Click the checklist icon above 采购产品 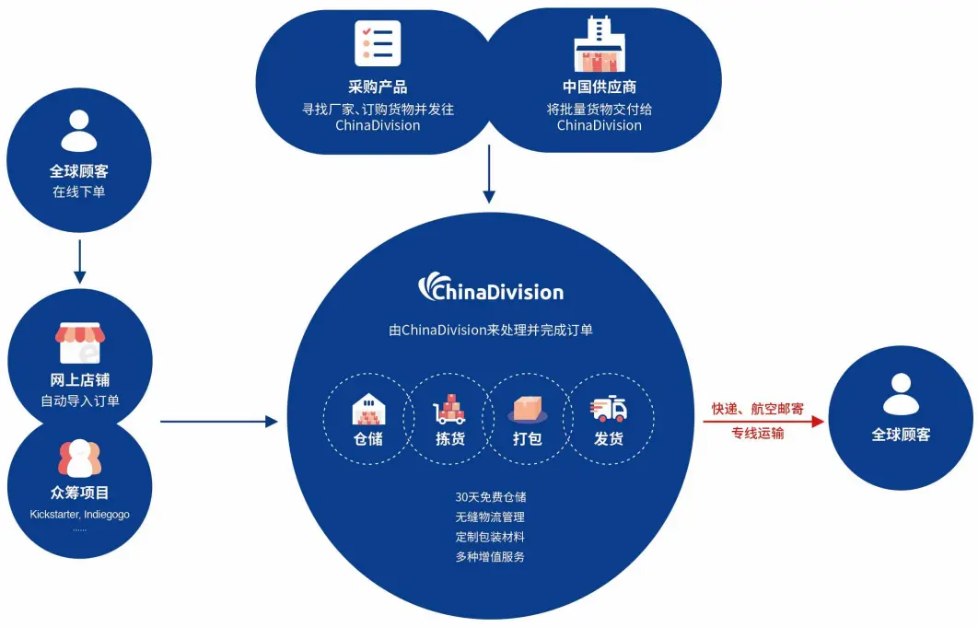click(378, 42)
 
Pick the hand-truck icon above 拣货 click(449, 409)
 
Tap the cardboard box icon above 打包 click(528, 408)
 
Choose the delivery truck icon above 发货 click(609, 408)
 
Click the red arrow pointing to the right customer click(763, 422)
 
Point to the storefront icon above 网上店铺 click(79, 343)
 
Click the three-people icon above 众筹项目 click(79, 458)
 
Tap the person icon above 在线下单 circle click(79, 130)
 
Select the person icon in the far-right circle click(902, 393)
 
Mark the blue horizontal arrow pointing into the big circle click(219, 422)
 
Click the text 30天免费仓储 click(490, 496)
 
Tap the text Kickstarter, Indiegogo click(79, 514)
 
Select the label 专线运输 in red click(758, 433)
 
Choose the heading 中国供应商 click(600, 87)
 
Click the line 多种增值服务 click(490, 556)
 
